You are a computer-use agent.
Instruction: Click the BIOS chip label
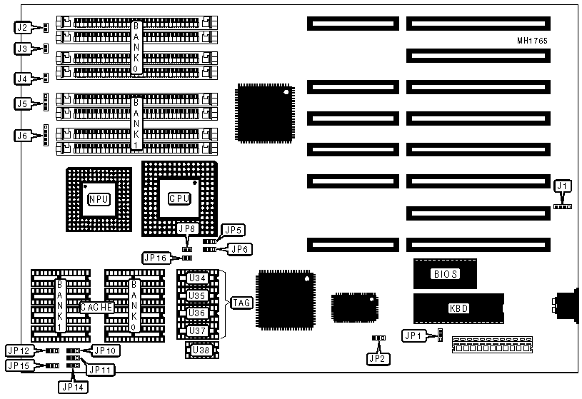coord(444,273)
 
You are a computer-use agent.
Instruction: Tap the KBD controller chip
coord(458,308)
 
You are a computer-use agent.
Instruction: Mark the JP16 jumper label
coord(155,257)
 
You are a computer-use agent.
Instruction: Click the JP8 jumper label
coord(187,229)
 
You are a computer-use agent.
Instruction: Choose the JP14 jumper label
coord(71,386)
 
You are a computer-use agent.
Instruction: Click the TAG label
coord(241,303)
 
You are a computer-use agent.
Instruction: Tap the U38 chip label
coord(196,350)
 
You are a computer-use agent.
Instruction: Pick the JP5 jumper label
coord(234,230)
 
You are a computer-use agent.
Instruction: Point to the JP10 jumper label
coord(105,350)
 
